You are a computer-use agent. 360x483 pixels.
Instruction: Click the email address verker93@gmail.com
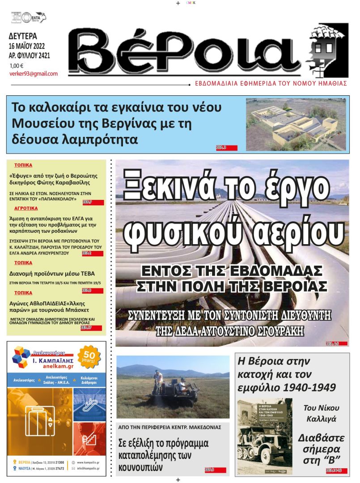[34, 74]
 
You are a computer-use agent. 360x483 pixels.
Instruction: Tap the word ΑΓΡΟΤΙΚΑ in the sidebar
[26, 208]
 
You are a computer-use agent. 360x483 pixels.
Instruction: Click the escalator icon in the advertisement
[89, 402]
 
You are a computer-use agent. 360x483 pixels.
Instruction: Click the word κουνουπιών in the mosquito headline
[140, 468]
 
